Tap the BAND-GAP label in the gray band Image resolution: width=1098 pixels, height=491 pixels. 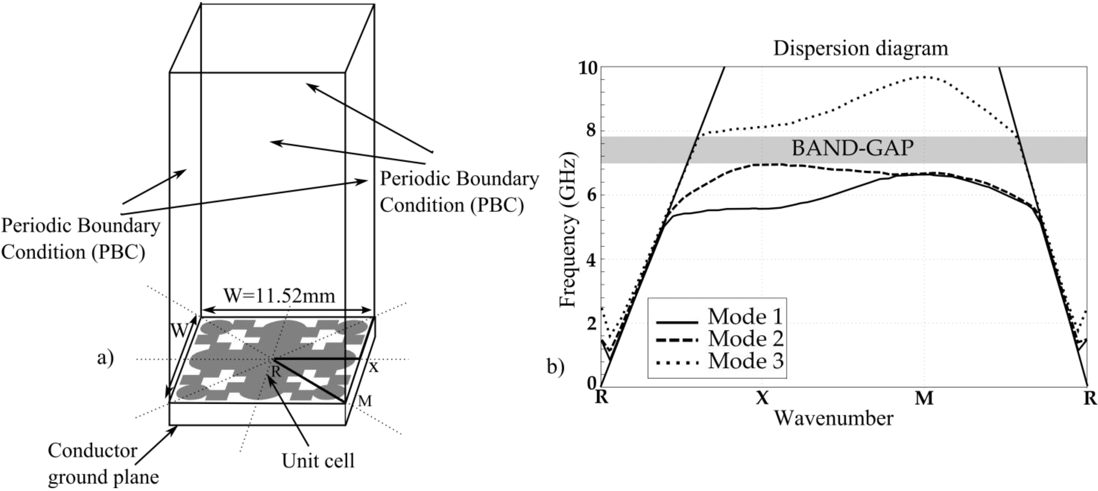click(852, 149)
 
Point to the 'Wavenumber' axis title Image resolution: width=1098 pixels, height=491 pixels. click(833, 419)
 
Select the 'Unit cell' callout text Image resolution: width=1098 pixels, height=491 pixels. click(318, 460)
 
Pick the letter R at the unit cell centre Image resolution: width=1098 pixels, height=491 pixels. click(276, 371)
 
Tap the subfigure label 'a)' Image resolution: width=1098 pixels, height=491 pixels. click(105, 358)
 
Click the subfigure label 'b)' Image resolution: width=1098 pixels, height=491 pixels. click(555, 367)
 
